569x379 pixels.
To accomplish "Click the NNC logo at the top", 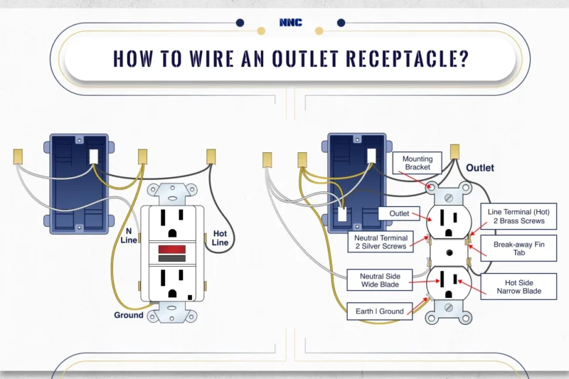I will coord(291,23).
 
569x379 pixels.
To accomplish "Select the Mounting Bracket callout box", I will coord(418,163).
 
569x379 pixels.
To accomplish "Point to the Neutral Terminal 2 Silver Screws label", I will coord(381,242).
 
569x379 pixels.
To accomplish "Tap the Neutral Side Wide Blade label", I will coord(379,280).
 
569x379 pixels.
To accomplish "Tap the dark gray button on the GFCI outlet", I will coord(172,258).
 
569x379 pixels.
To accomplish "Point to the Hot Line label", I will coord(220,238).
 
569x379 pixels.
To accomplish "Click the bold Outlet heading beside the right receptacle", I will coord(480,169).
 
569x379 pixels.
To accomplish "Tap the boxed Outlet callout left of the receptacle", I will coord(398,213).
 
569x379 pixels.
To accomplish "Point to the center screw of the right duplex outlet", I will coord(447,252).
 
